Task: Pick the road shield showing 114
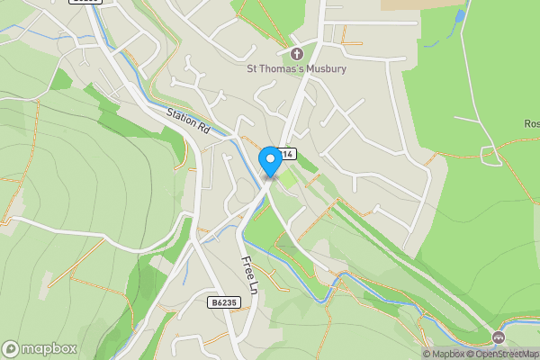pos(286,154)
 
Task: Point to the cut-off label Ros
pos(531,123)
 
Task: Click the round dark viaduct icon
pos(499,337)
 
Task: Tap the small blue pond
pos(460,16)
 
